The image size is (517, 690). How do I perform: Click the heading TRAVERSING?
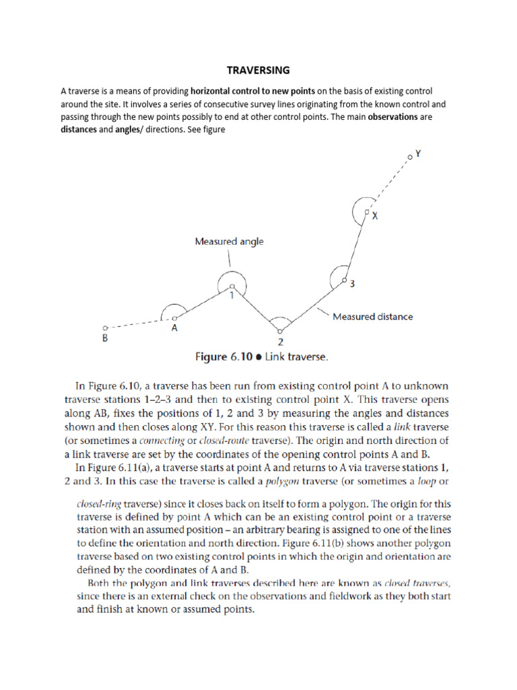(258, 69)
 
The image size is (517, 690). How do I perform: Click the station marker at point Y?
(409, 158)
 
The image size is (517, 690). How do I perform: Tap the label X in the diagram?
(375, 216)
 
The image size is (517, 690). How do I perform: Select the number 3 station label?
(351, 284)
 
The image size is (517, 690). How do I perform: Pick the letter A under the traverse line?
(174, 329)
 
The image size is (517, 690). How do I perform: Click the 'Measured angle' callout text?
(228, 241)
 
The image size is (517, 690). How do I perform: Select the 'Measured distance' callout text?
(373, 316)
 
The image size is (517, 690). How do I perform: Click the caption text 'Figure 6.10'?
(221, 357)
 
